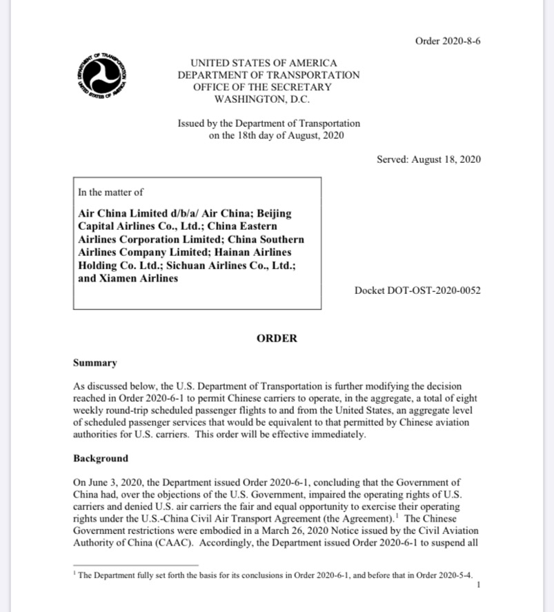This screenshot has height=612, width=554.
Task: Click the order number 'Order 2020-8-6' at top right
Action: click(x=448, y=41)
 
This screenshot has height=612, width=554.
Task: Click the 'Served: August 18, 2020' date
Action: click(x=428, y=159)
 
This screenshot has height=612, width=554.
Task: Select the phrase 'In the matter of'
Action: click(x=111, y=193)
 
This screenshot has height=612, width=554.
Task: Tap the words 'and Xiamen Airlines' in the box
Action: click(x=128, y=278)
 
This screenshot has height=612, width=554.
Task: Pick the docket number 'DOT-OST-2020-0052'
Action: click(x=436, y=290)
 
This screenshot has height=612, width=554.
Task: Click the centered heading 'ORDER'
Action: click(x=277, y=338)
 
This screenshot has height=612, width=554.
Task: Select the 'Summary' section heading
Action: click(x=95, y=363)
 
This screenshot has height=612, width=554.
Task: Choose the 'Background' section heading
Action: click(x=101, y=458)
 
